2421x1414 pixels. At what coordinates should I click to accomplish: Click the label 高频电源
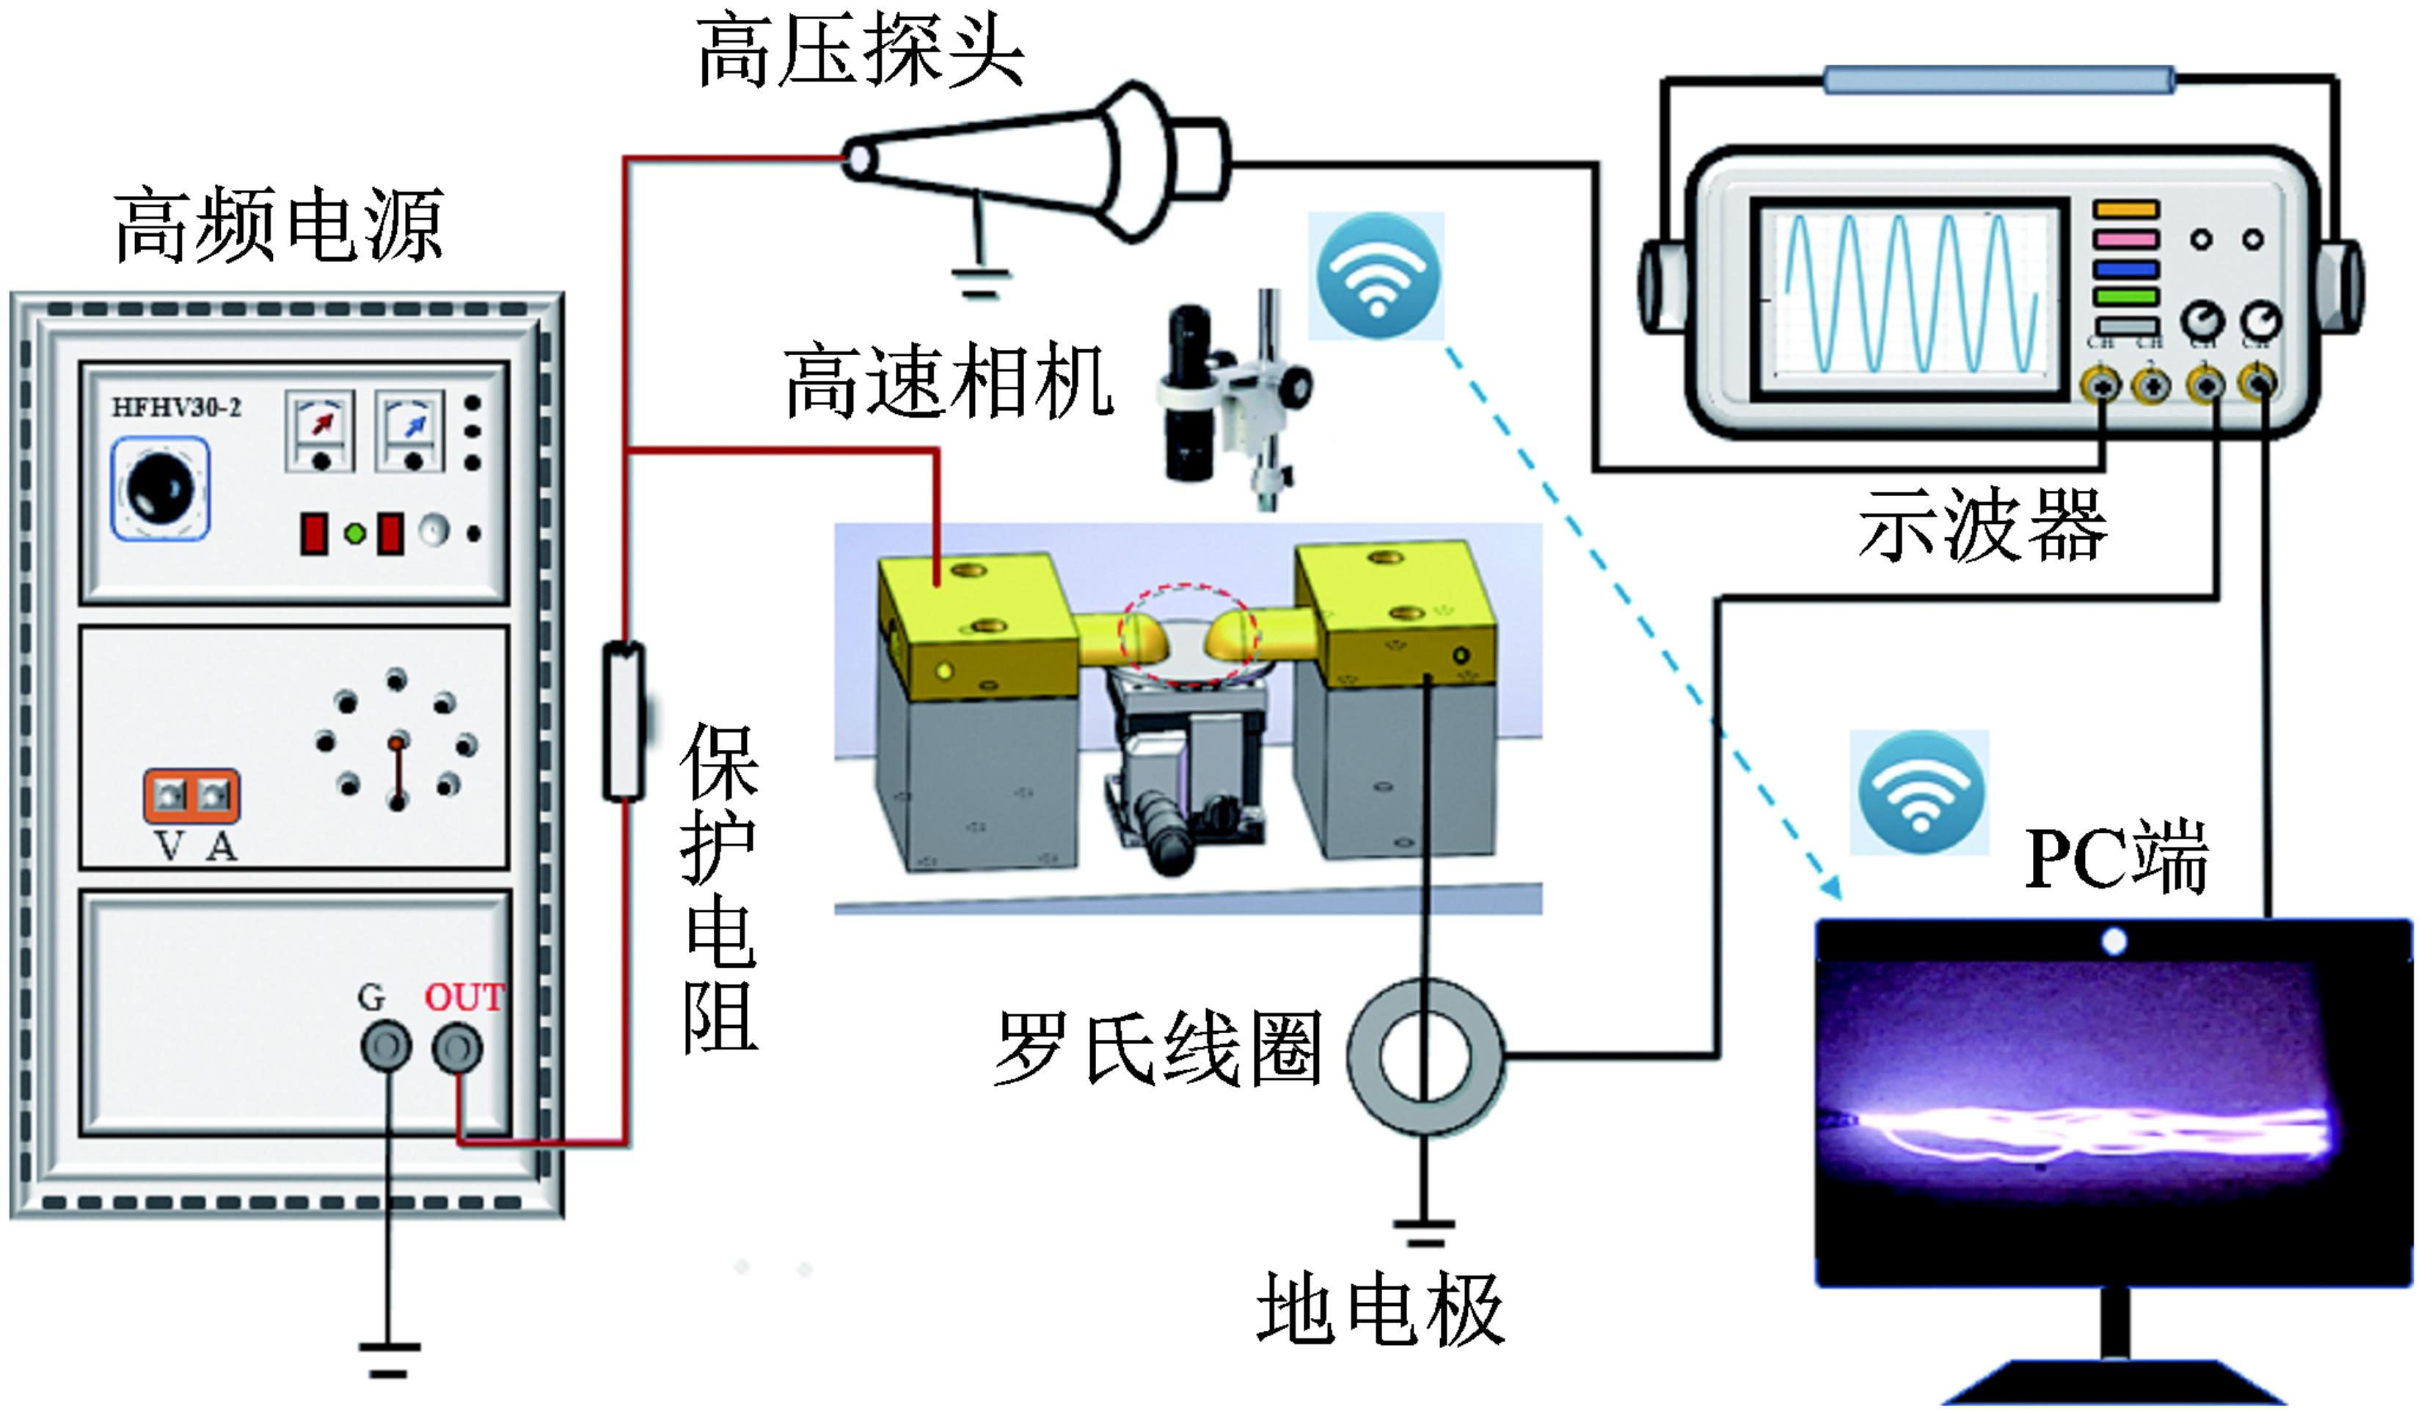click(279, 226)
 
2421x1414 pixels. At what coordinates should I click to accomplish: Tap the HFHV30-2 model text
click(176, 408)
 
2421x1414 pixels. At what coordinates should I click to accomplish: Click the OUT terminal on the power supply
click(457, 1048)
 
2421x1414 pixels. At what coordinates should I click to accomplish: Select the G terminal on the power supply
click(386, 1048)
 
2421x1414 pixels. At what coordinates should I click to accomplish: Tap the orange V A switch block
click(191, 796)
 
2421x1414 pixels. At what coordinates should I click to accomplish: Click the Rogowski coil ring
click(1425, 1056)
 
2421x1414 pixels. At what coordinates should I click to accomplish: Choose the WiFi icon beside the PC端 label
click(1919, 792)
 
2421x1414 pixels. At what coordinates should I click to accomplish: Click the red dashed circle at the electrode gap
click(1186, 634)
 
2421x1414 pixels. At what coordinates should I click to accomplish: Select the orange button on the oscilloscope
click(2126, 209)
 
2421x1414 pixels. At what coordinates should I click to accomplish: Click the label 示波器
click(1983, 526)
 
